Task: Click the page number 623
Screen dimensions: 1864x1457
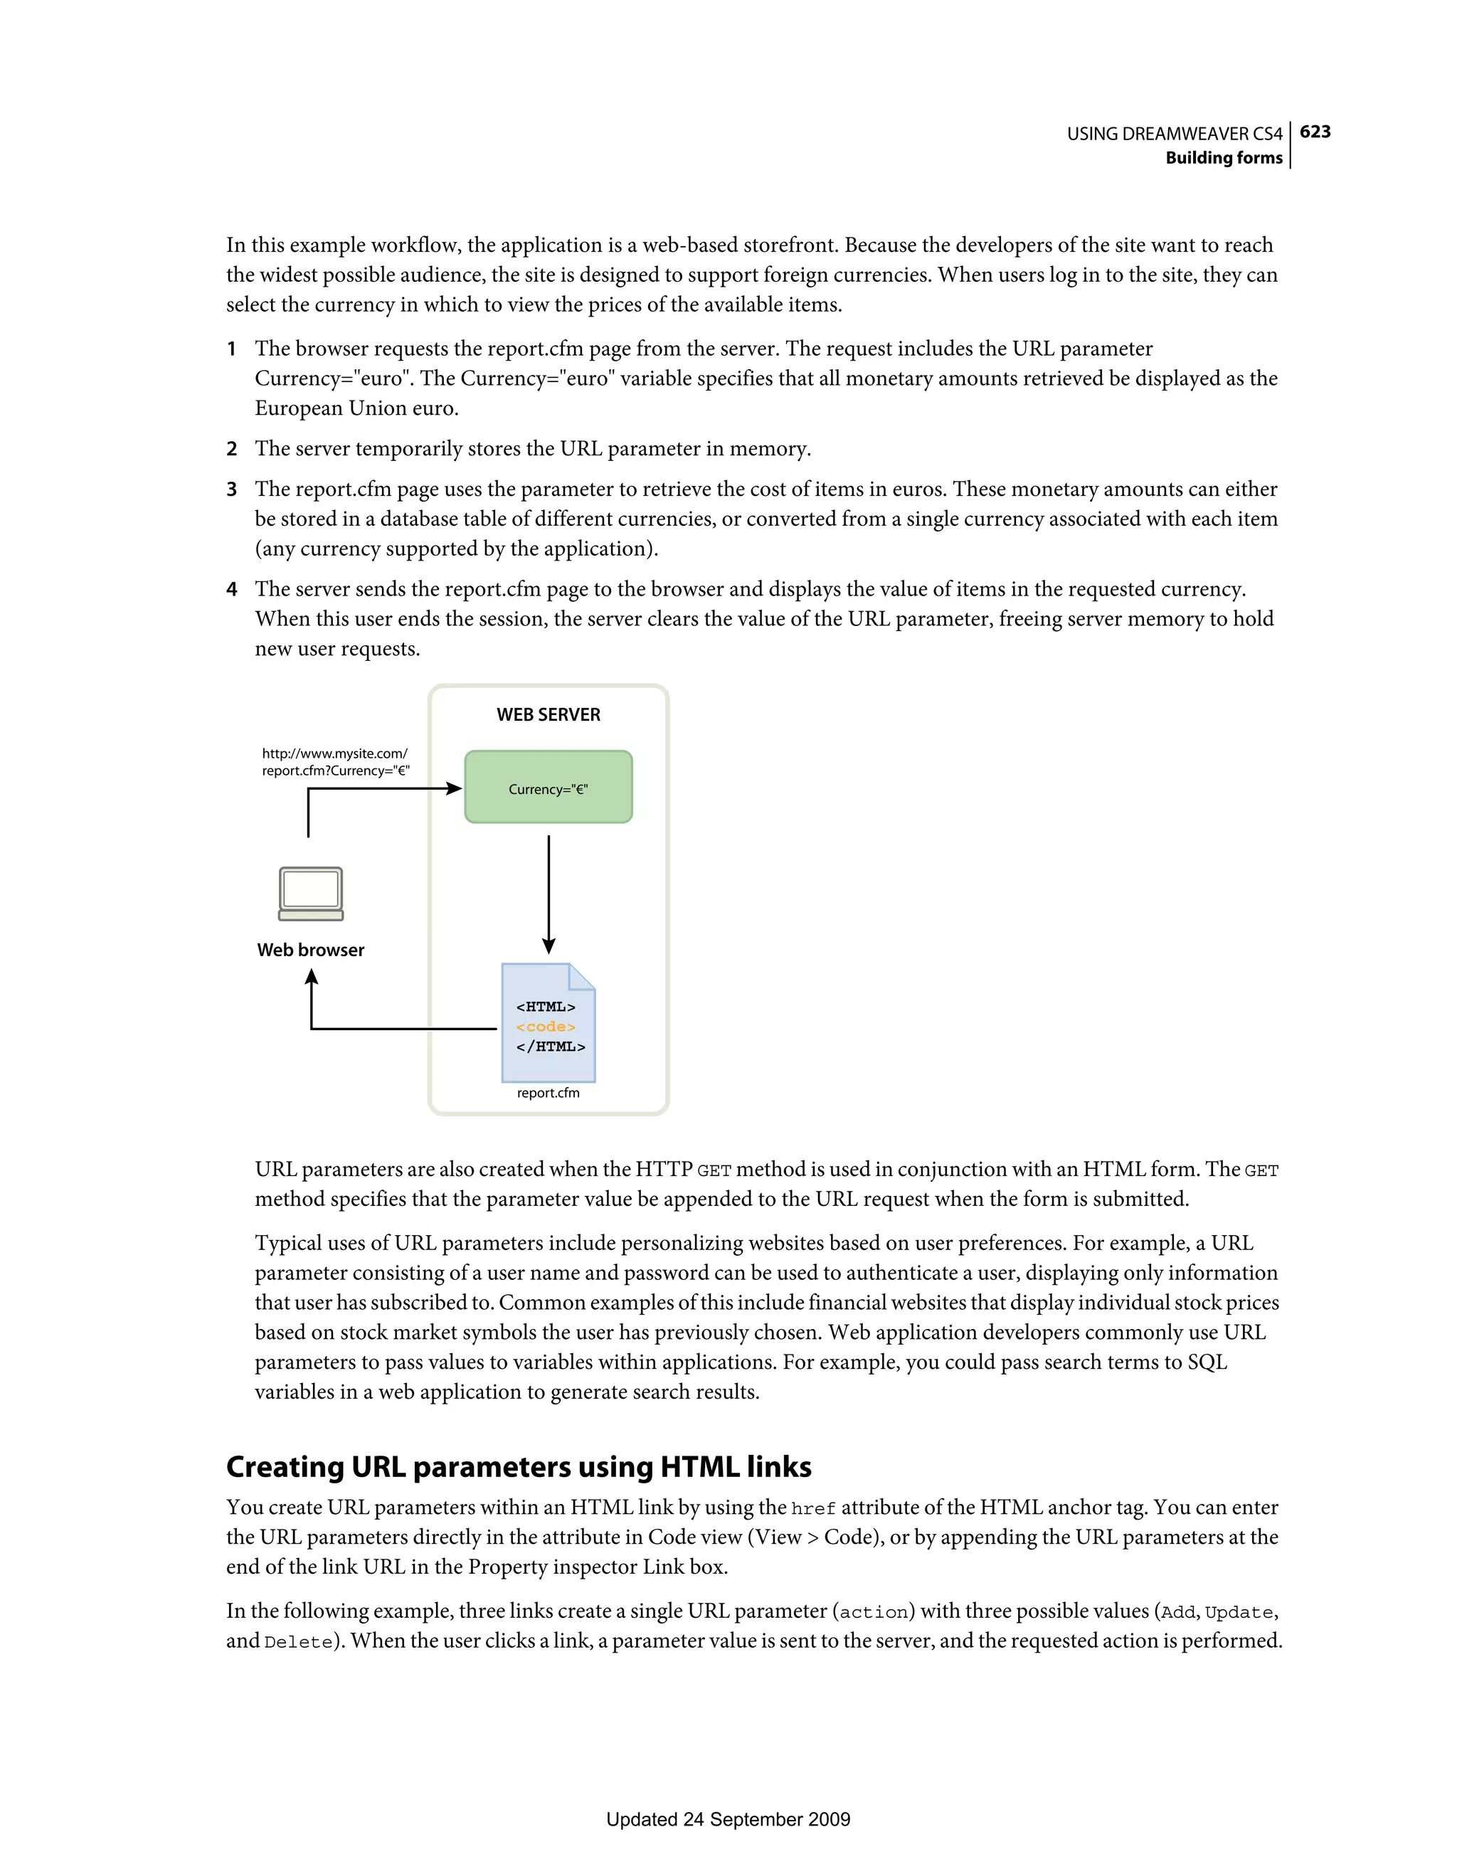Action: coord(1315,132)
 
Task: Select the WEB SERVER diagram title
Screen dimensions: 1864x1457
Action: coord(548,714)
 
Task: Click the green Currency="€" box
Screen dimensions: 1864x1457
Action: coord(548,788)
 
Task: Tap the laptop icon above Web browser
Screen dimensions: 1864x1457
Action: coord(311,894)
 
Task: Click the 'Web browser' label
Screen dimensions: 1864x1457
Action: coord(311,950)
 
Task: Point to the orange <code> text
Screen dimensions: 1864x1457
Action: coord(546,1027)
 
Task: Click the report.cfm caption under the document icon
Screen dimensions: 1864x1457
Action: coord(548,1093)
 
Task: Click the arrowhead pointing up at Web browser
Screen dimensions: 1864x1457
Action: coord(312,978)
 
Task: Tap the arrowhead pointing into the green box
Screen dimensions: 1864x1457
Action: coord(453,788)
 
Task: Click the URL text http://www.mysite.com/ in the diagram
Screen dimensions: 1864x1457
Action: coord(334,753)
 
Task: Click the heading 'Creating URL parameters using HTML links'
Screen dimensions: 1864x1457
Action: coord(518,1466)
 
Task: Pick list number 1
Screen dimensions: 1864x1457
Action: coord(231,349)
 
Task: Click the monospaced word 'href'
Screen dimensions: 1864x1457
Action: coord(812,1509)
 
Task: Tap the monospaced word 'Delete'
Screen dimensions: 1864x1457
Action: coord(298,1642)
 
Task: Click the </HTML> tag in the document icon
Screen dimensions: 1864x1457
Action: coord(551,1047)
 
